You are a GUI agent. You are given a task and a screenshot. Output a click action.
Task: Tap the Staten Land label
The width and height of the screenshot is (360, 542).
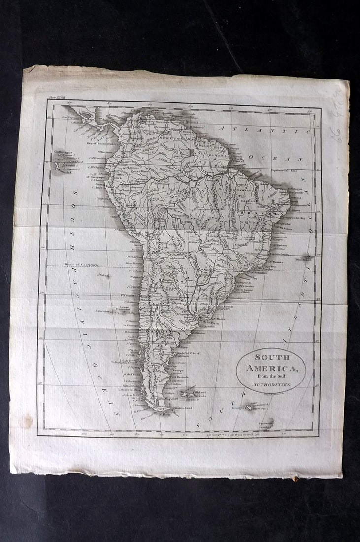(x=182, y=407)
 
